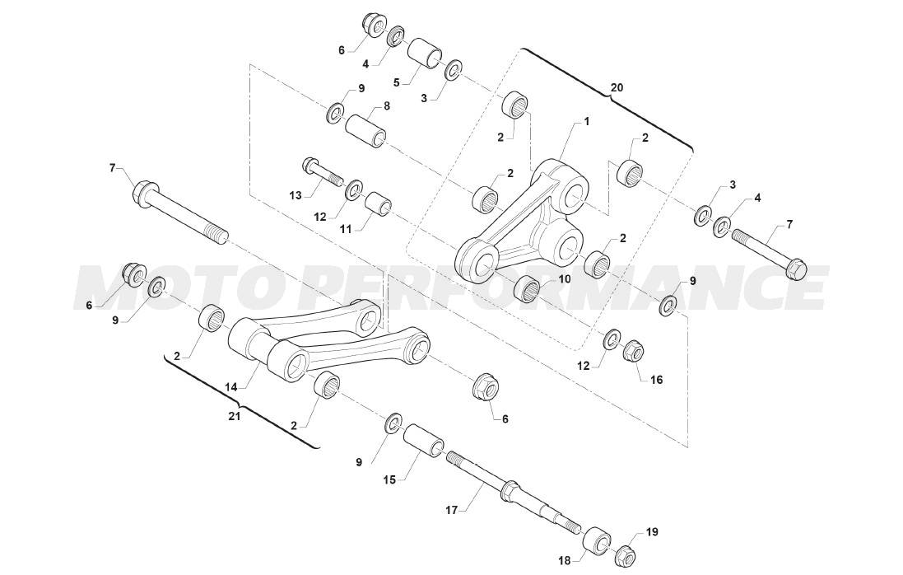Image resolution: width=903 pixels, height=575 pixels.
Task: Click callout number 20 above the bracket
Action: click(x=617, y=88)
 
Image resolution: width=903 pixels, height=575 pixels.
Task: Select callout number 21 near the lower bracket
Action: click(x=235, y=416)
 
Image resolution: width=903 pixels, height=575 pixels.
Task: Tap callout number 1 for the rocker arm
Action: click(x=587, y=122)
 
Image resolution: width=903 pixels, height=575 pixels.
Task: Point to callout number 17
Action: click(x=452, y=509)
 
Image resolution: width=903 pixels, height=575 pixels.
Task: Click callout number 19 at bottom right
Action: click(x=652, y=531)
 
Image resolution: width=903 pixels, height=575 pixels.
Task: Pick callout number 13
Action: click(x=296, y=196)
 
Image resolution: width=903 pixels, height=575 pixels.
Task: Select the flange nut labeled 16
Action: click(x=634, y=349)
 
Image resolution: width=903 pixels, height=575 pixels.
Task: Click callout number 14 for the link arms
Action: click(x=231, y=388)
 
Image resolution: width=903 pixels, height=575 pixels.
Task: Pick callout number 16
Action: click(x=657, y=380)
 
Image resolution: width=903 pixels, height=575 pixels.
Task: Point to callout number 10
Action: click(x=564, y=279)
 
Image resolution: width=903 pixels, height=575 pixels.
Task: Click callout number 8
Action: click(x=386, y=105)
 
